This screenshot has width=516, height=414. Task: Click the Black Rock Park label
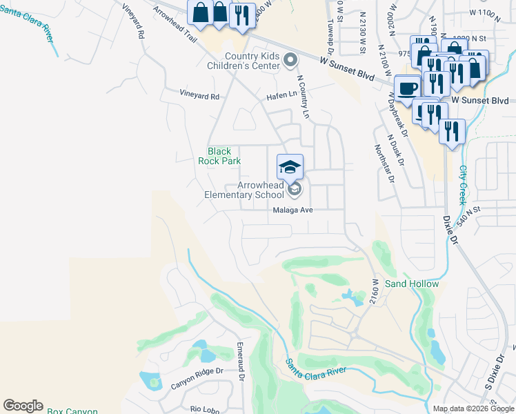pyautogui.click(x=219, y=156)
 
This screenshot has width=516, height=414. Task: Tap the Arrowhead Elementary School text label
pyautogui.click(x=244, y=190)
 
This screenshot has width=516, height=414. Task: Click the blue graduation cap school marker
pyautogui.click(x=290, y=166)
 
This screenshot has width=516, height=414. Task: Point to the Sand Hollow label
pyautogui.click(x=412, y=284)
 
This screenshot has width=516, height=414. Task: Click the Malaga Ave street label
pyautogui.click(x=293, y=210)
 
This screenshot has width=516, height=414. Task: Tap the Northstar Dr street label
pyautogui.click(x=383, y=163)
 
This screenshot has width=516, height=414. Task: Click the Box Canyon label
pyautogui.click(x=72, y=411)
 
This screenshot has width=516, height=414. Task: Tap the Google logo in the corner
pyautogui.click(x=23, y=406)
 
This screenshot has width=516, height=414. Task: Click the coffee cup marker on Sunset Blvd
pyautogui.click(x=408, y=88)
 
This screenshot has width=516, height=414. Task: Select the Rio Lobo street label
pyautogui.click(x=205, y=408)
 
